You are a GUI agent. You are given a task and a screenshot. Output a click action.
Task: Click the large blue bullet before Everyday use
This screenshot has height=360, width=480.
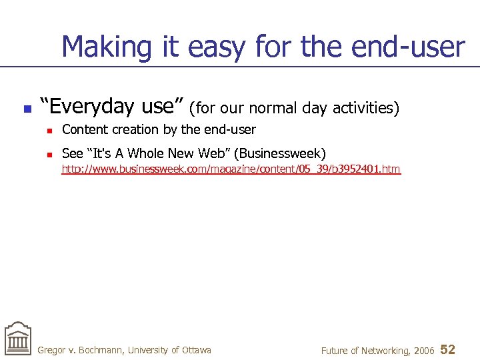pyautogui.click(x=27, y=108)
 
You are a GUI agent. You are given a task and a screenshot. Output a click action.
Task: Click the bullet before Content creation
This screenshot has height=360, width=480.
pyautogui.click(x=49, y=130)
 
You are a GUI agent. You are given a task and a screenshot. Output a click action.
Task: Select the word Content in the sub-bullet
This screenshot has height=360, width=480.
pyautogui.click(x=83, y=129)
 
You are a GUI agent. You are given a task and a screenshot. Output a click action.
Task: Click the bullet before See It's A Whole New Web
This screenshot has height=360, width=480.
pyautogui.click(x=49, y=154)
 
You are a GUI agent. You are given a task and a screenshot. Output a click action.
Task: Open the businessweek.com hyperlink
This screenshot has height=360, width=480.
pyautogui.click(x=231, y=169)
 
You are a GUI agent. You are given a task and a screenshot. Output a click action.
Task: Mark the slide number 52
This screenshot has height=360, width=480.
pyautogui.click(x=448, y=349)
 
